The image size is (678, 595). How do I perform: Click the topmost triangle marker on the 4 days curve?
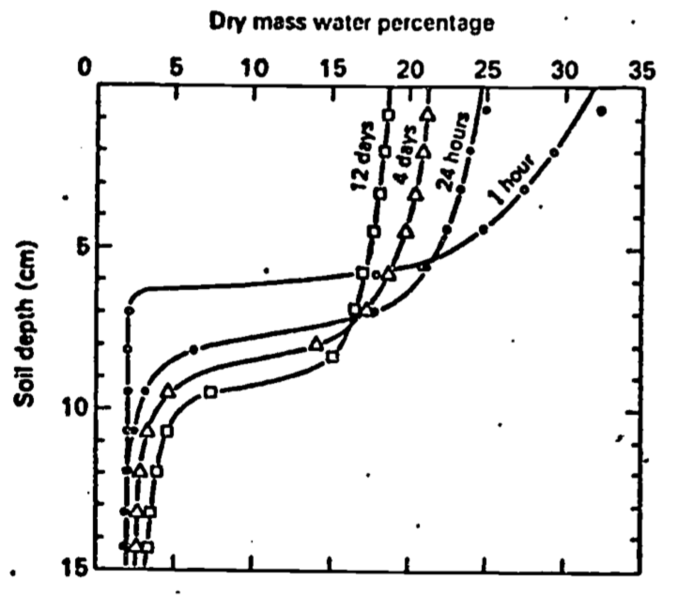point(428,114)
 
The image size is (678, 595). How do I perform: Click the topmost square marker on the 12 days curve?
point(389,114)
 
